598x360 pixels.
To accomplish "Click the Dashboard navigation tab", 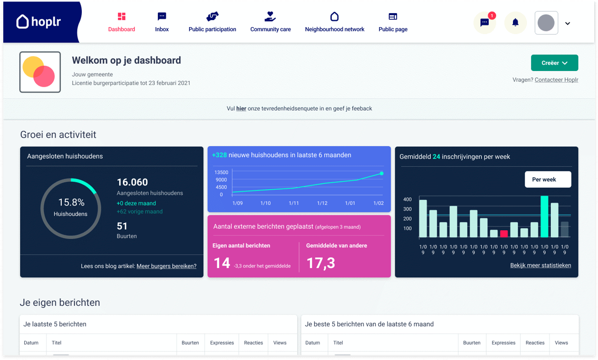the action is point(121,22).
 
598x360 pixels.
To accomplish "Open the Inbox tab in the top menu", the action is point(162,22).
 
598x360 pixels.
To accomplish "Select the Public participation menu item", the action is point(212,22).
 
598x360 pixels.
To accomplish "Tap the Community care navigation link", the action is point(271,22).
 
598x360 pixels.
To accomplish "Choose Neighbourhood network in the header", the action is point(335,22).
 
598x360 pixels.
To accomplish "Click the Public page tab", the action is point(393,22).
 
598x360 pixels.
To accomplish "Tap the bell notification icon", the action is point(515,23).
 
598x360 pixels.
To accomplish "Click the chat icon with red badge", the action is point(485,23).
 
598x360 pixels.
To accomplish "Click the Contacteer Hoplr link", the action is point(556,80).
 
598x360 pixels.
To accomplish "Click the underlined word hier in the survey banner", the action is point(241,109).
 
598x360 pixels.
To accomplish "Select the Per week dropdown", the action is point(548,179).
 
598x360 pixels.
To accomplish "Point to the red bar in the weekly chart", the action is point(504,234).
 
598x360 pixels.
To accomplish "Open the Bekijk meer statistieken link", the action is point(541,265).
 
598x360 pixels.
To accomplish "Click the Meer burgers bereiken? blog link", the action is point(166,266).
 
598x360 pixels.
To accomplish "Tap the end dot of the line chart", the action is point(382,173).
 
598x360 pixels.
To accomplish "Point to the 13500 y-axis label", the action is point(221,172).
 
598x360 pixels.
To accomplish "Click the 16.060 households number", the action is point(132,182).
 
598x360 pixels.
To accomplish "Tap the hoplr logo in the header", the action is point(39,21).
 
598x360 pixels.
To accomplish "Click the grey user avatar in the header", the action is point(546,23).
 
